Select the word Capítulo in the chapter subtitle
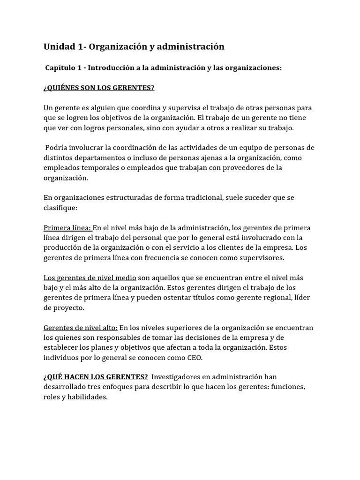[61, 68]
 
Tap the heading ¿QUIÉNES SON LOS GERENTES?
[99, 88]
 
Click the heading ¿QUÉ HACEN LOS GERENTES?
[96, 376]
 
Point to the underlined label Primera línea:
[67, 228]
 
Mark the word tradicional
[198, 197]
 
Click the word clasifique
[60, 207]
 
